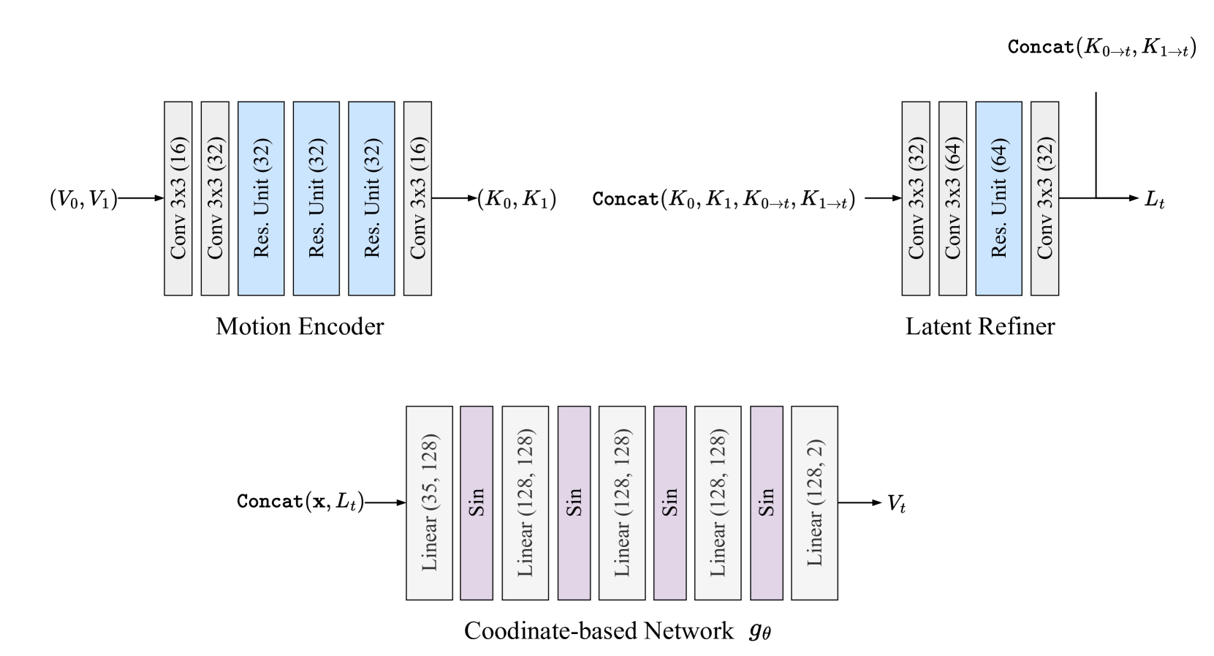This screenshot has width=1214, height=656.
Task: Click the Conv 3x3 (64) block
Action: (952, 198)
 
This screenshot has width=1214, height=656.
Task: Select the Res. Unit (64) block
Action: (998, 198)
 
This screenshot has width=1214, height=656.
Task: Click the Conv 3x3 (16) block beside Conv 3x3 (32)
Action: (178, 198)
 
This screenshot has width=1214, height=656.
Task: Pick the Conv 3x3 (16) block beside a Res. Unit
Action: (417, 198)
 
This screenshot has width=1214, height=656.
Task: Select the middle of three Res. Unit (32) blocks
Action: (316, 198)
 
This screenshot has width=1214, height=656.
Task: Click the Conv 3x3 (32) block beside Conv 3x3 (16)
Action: (215, 198)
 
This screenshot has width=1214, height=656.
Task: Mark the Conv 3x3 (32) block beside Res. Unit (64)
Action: (1044, 198)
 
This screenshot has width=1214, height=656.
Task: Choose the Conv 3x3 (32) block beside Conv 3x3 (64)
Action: (916, 198)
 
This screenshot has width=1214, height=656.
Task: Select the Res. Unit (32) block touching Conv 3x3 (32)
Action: (261, 198)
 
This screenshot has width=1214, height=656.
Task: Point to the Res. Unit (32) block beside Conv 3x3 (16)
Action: (371, 198)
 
